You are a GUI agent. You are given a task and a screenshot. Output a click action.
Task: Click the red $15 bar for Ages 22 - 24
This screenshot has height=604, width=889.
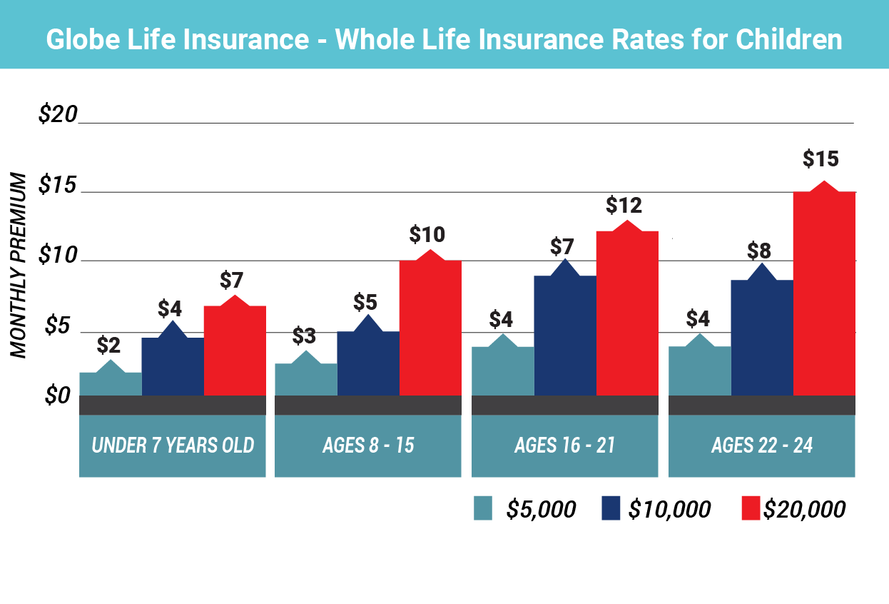824,293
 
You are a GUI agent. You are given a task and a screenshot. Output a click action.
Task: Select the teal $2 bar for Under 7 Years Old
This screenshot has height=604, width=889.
110,383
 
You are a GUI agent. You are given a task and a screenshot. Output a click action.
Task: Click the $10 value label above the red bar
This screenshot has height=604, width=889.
427,234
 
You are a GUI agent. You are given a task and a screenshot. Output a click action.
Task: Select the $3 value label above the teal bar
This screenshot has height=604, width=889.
305,336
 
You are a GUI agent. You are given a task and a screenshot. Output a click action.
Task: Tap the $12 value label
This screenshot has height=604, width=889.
624,206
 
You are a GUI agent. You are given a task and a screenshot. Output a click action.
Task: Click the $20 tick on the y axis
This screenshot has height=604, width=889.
56,115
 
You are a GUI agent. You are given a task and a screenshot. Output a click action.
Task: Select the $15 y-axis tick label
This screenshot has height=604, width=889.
56,186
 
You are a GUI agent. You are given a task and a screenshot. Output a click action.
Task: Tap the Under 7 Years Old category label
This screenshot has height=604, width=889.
173,446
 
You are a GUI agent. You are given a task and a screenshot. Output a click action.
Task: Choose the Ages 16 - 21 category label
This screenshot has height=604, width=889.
564,446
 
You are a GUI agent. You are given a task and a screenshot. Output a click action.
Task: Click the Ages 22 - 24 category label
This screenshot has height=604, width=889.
761,446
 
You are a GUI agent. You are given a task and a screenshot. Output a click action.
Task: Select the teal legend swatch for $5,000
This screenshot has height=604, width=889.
483,509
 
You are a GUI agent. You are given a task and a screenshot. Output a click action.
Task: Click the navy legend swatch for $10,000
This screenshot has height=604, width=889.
611,509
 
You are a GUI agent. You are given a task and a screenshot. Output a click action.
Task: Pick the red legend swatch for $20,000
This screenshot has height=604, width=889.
750,509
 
